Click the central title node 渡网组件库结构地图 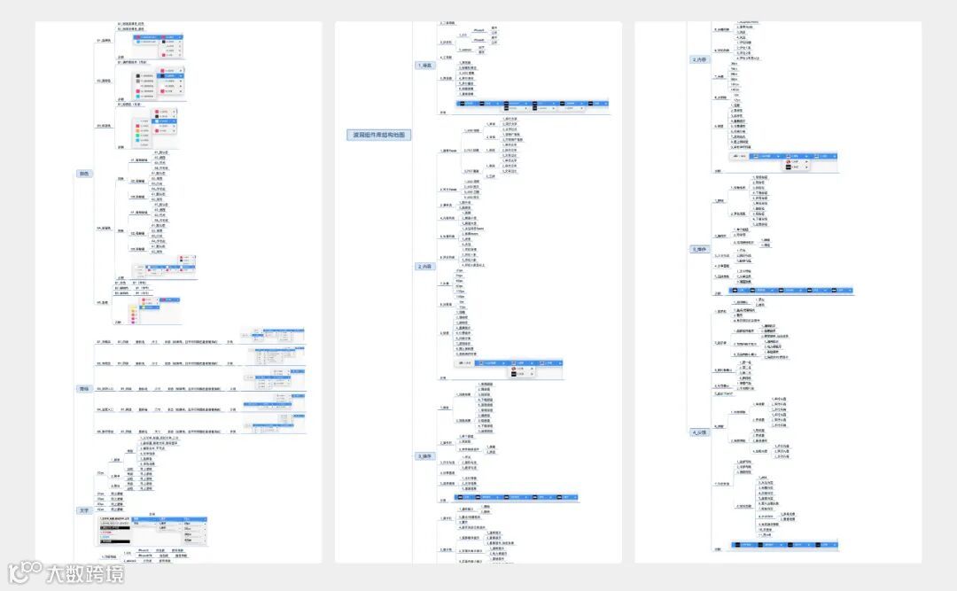pyautogui.click(x=378, y=135)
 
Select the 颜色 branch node pyautogui.click(x=84, y=174)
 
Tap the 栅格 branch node pyautogui.click(x=84, y=388)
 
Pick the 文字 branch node pyautogui.click(x=84, y=510)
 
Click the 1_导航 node pyautogui.click(x=425, y=66)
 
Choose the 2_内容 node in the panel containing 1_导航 pyautogui.click(x=425, y=266)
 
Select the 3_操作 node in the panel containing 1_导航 pyautogui.click(x=425, y=455)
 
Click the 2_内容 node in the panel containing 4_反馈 pyautogui.click(x=700, y=59)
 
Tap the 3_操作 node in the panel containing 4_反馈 pyautogui.click(x=700, y=249)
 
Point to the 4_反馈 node pyautogui.click(x=700, y=432)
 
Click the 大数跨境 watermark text pyautogui.click(x=85, y=573)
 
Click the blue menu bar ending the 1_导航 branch pyautogui.click(x=532, y=105)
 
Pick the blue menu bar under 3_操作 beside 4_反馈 pyautogui.click(x=789, y=291)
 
